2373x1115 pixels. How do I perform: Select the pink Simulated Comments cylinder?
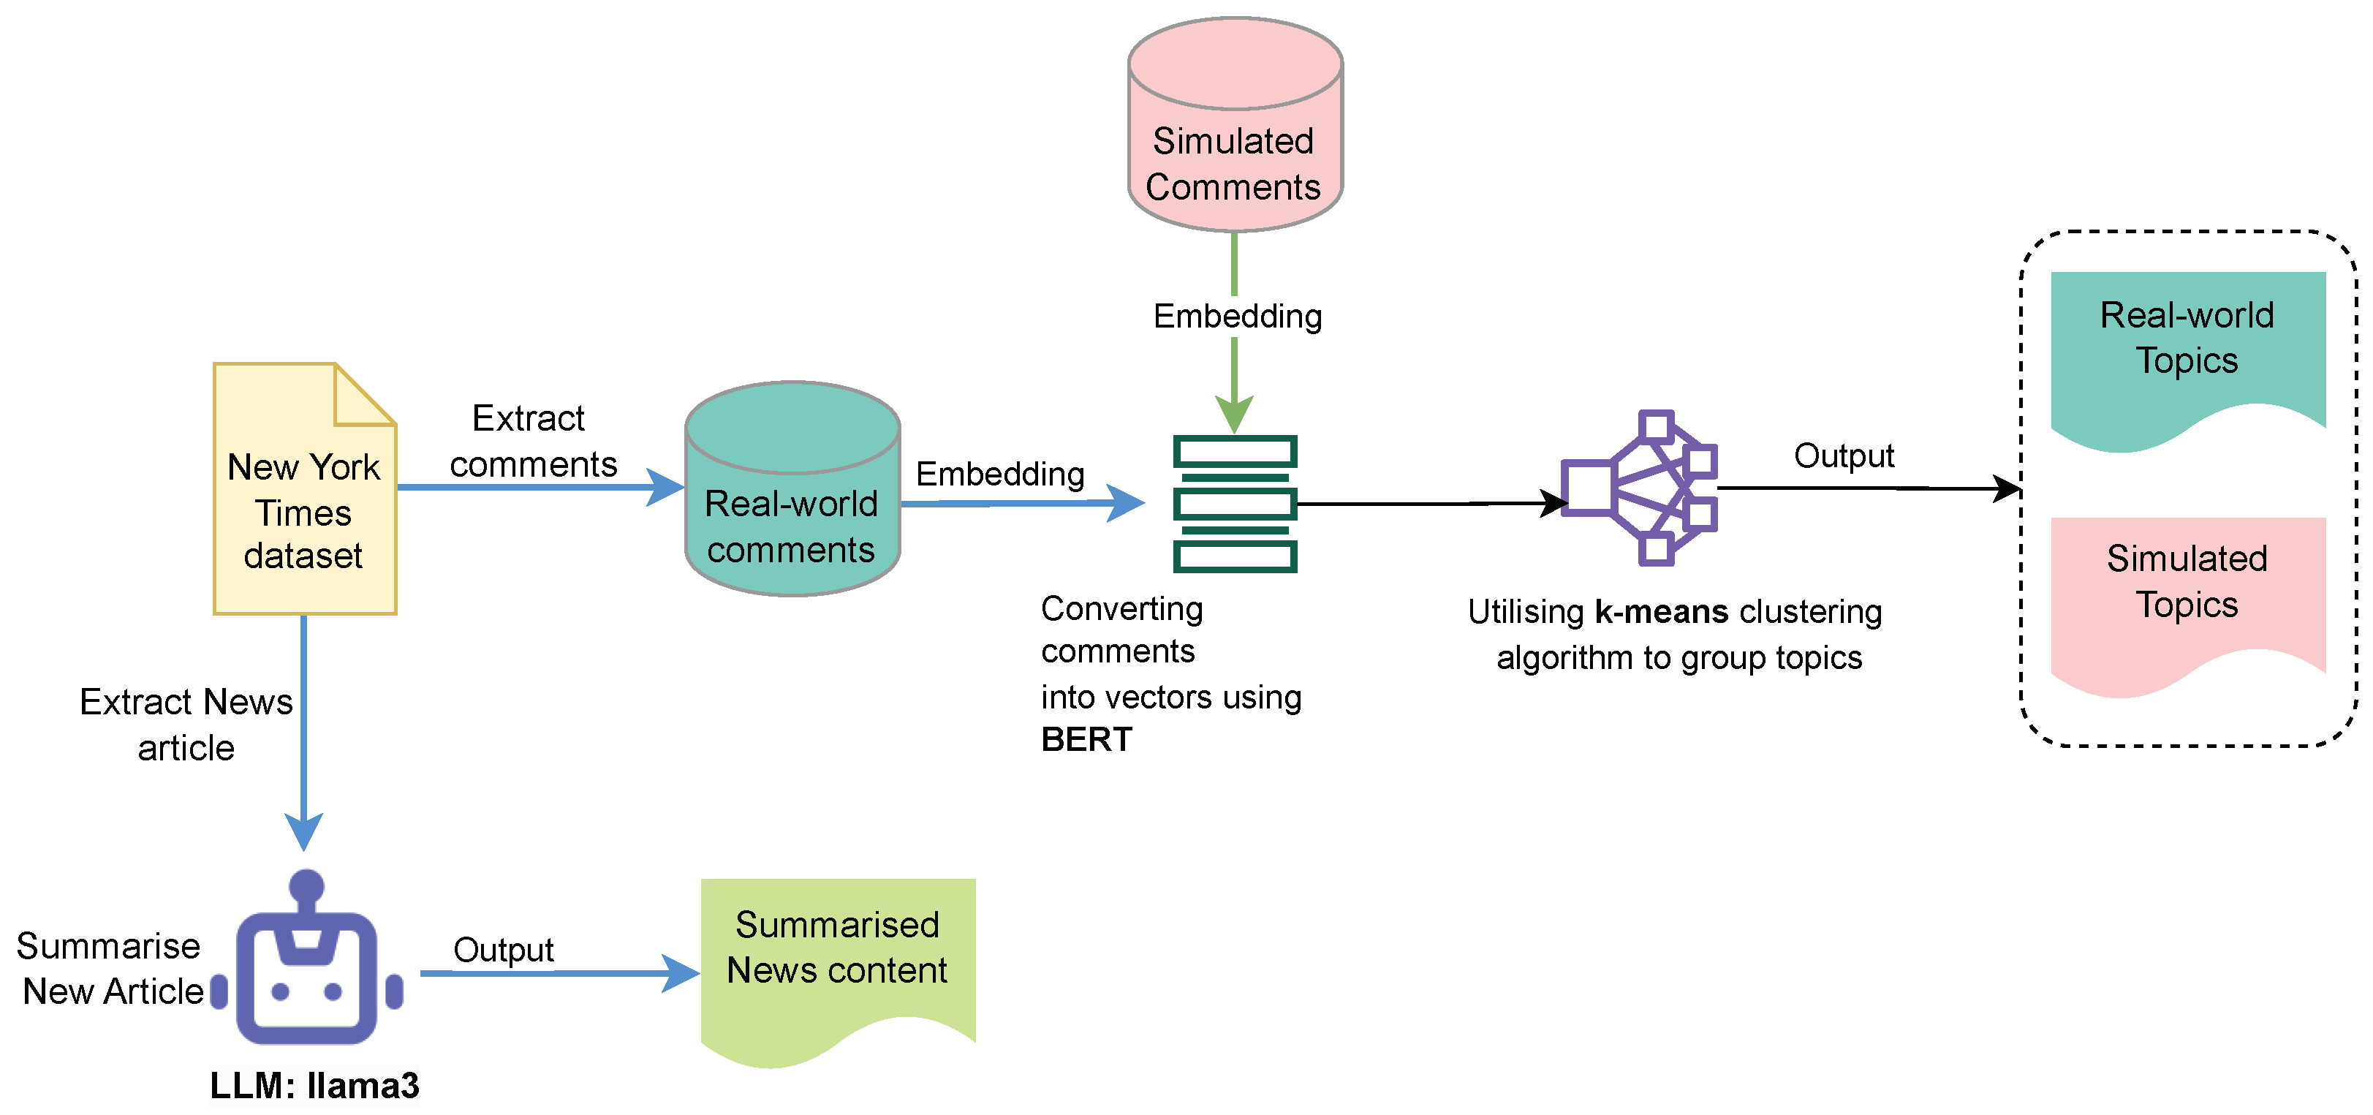tap(1235, 148)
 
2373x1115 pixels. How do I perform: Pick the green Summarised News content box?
tap(836, 959)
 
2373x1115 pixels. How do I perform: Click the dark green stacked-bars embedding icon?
tap(1235, 504)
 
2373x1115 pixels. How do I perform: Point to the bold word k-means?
tap(1661, 612)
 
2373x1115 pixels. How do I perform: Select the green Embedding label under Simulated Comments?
tap(1237, 316)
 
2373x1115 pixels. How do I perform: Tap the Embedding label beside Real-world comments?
tap(999, 474)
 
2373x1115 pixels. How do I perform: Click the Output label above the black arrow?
tap(1843, 456)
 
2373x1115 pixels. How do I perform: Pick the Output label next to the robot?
tap(503, 949)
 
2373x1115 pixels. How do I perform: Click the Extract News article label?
tap(186, 725)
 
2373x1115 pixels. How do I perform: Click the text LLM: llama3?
tap(314, 1086)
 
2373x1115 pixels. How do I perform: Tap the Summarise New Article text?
tap(110, 969)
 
